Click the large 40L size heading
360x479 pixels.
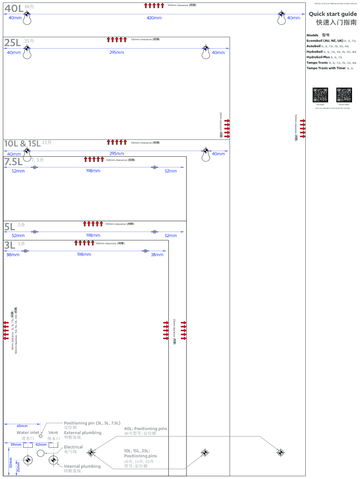pyautogui.click(x=14, y=8)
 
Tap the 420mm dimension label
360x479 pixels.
pyautogui.click(x=154, y=18)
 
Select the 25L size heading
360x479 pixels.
pyautogui.click(x=13, y=43)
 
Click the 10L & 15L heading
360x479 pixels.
pyautogui.click(x=22, y=143)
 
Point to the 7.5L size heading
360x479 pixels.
pyautogui.click(x=14, y=162)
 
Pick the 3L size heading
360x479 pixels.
pyautogui.click(x=9, y=245)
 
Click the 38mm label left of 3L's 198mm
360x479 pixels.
pyautogui.click(x=13, y=254)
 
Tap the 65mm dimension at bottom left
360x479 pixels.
pyautogui.click(x=22, y=426)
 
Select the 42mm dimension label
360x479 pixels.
pyautogui.click(x=41, y=444)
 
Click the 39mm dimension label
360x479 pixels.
pyautogui.click(x=16, y=444)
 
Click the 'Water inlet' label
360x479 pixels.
pyautogui.click(x=28, y=433)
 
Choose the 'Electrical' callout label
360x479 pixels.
pyautogui.click(x=73, y=447)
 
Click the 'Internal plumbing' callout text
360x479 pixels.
pyautogui.click(x=82, y=466)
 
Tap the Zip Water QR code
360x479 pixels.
pyautogui.click(x=320, y=95)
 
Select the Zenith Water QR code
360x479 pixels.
pyautogui.click(x=344, y=95)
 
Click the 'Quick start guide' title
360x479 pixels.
pyautogui.click(x=332, y=14)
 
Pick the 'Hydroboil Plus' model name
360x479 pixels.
pyautogui.click(x=318, y=57)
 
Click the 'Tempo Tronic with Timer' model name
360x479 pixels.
pyautogui.click(x=326, y=68)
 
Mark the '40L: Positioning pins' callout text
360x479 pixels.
pyautogui.click(x=145, y=428)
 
